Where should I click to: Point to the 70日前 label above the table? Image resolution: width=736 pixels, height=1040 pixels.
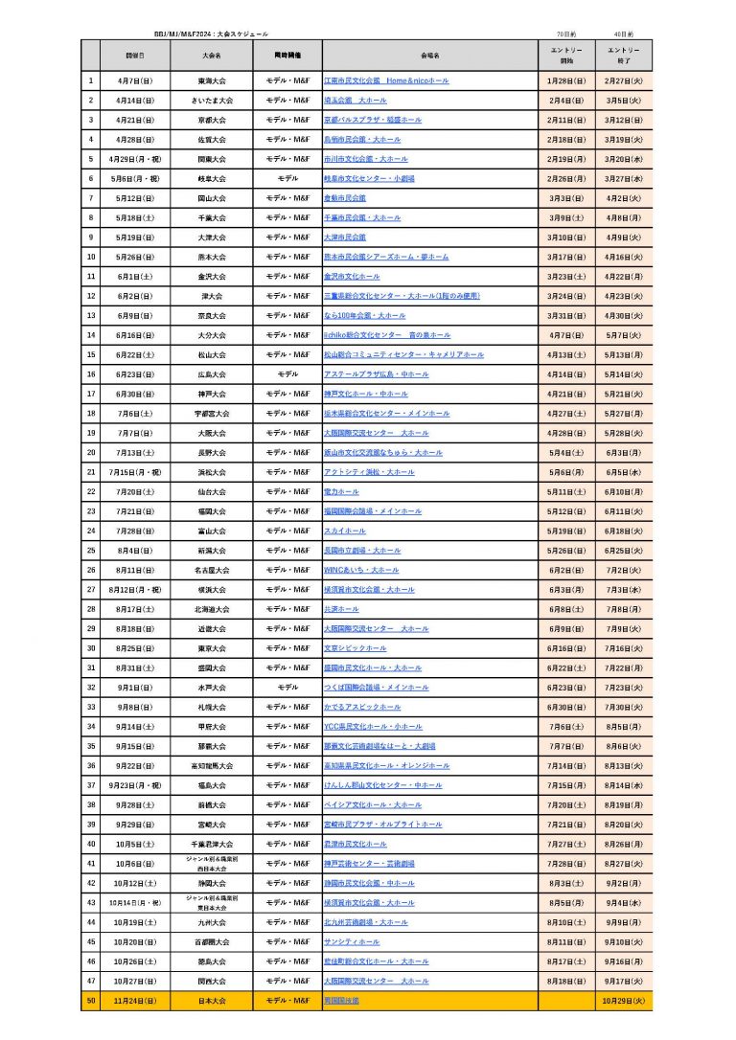pyautogui.click(x=566, y=33)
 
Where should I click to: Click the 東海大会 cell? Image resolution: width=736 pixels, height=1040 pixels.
pyautogui.click(x=213, y=81)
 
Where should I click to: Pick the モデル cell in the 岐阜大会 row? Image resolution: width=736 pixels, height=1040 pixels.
pyautogui.click(x=287, y=179)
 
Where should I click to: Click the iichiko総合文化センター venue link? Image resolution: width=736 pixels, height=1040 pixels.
pyautogui.click(x=387, y=335)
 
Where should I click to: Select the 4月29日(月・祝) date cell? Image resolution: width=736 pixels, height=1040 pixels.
pyautogui.click(x=134, y=159)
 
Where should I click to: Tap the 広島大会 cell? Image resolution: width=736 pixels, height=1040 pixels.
pyautogui.click(x=213, y=374)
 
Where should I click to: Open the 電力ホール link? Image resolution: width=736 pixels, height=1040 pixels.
pyautogui.click(x=341, y=491)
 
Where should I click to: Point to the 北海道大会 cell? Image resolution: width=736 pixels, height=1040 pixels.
pyautogui.click(x=213, y=609)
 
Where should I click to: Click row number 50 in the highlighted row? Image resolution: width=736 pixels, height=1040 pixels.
pyautogui.click(x=91, y=1000)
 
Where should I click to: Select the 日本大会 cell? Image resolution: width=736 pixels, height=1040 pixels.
pyautogui.click(x=213, y=1000)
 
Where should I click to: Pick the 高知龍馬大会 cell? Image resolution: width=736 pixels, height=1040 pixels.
pyautogui.click(x=213, y=765)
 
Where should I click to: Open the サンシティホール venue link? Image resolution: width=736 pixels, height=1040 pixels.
pyautogui.click(x=352, y=941)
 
